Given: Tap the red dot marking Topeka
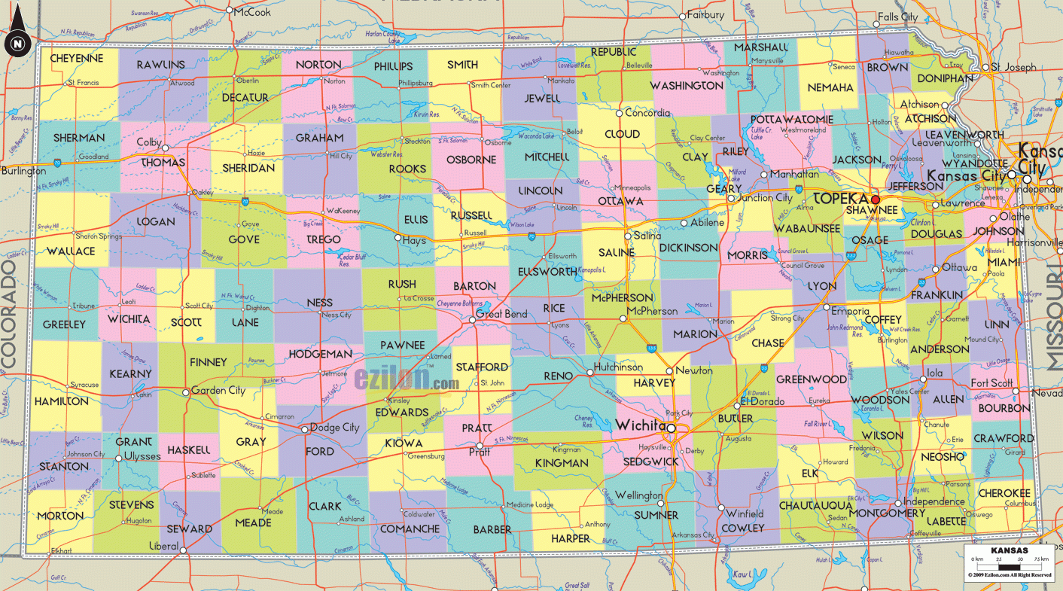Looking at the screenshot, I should tap(875, 200).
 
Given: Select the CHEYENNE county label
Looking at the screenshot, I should tap(77, 58).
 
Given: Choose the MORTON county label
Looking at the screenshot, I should tap(60, 516).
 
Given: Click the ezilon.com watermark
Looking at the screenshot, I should tap(407, 379).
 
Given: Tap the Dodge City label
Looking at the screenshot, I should tap(335, 428).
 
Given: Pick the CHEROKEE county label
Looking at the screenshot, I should tap(1004, 493).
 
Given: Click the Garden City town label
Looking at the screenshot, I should tap(218, 391).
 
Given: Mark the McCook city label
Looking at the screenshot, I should tap(252, 12).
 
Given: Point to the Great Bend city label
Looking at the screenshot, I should tap(501, 314).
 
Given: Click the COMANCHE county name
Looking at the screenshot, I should tap(410, 529).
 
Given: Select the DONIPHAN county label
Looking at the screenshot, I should tap(946, 78).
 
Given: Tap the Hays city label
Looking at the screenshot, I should tap(414, 241).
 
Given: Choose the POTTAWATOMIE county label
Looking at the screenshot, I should tap(791, 120).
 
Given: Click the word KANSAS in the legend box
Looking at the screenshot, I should tap(1009, 550).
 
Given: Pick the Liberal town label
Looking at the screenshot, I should tap(163, 546).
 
